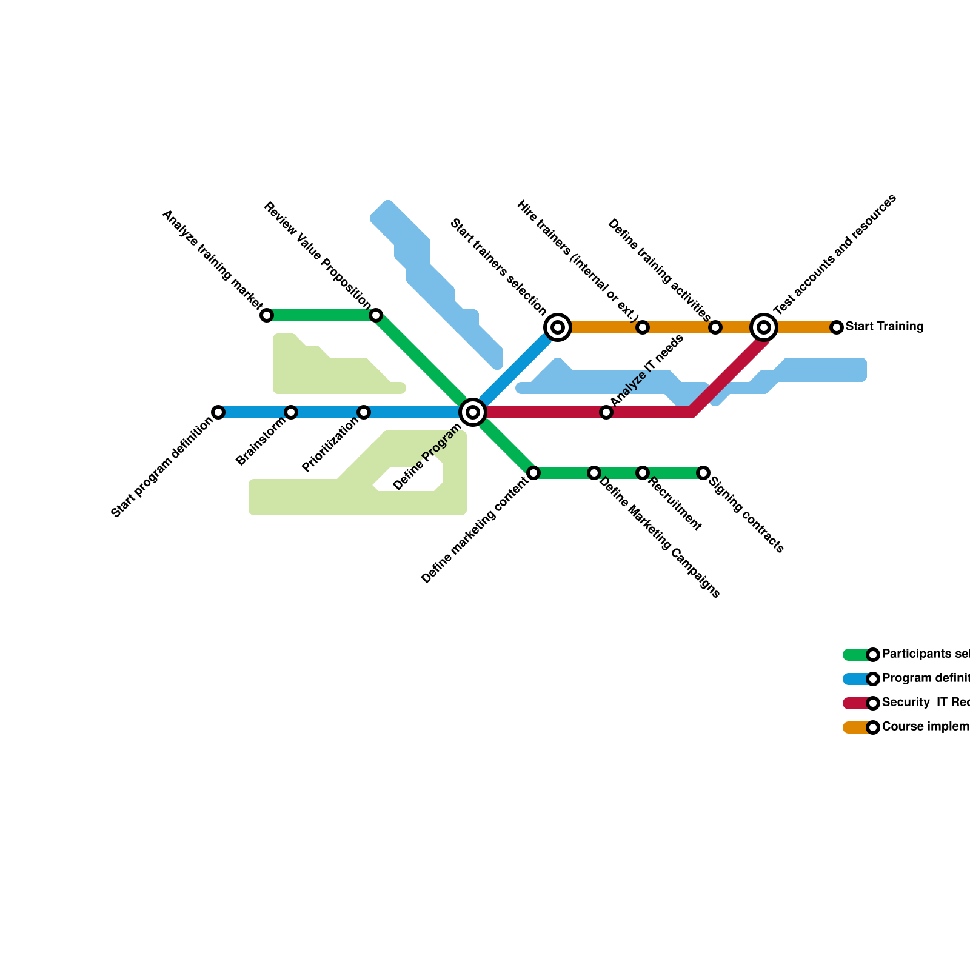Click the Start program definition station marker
[218, 412]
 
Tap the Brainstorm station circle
[291, 412]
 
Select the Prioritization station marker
[364, 412]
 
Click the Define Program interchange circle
[473, 412]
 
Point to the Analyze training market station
[267, 315]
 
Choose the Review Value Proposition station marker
[376, 315]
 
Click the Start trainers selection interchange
[558, 327]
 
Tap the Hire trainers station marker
[643, 327]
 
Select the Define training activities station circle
[715, 327]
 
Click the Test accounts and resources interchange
[764, 327]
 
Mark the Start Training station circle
[837, 327]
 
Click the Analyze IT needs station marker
[606, 412]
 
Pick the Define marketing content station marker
[533, 473]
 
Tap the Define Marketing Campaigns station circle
[594, 473]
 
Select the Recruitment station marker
[643, 473]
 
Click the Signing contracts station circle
[703, 473]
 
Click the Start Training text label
[885, 327]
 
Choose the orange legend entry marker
[873, 727]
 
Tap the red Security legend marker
[873, 703]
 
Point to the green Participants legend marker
[873, 655]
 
